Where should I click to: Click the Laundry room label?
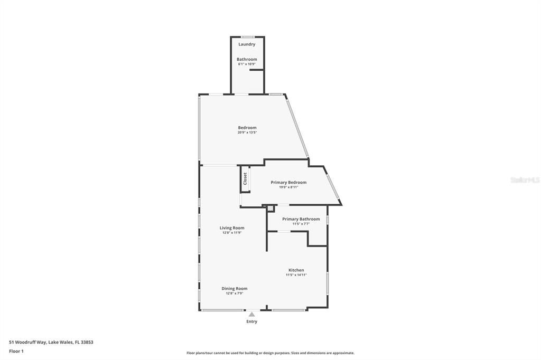point(247,44)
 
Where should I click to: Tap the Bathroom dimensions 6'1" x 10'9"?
point(247,64)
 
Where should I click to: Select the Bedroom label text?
point(247,128)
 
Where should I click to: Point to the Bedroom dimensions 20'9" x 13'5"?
point(247,132)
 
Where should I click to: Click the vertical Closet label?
point(245,178)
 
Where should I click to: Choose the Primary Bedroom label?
point(288,183)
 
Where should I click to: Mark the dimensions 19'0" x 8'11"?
point(288,187)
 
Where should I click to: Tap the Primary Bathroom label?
point(301,219)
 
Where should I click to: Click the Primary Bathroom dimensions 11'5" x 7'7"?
point(301,224)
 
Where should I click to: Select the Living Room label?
point(232,228)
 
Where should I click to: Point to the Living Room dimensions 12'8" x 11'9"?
point(232,233)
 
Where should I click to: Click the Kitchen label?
point(296,270)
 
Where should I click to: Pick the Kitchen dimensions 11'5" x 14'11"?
point(296,275)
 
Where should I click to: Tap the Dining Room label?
point(234,289)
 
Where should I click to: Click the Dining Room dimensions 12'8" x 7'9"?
point(234,293)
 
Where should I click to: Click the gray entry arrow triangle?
point(252,315)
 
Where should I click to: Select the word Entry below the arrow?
point(252,321)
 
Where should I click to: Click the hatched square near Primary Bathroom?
point(270,209)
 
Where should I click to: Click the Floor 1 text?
point(16,351)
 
